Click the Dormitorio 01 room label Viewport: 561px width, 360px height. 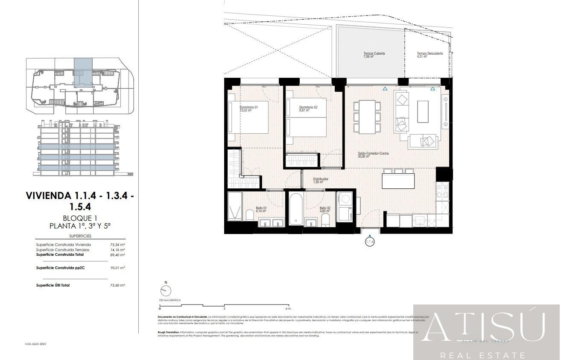[248, 107]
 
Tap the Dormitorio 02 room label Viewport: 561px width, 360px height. [308, 107]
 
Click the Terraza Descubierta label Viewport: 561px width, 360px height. [430, 54]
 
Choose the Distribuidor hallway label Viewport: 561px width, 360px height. [320, 179]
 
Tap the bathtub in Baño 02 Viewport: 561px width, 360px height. [296, 209]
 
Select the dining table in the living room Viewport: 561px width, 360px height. [367, 117]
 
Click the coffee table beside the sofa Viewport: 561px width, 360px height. [423, 111]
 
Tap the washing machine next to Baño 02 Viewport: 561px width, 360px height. [344, 200]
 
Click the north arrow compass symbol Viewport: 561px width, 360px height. [165, 290]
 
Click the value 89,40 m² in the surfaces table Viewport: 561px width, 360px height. [117, 255]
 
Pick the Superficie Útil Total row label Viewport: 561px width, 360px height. [53, 285]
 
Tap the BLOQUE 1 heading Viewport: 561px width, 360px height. [80, 218]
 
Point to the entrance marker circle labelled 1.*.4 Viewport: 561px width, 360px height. [370, 242]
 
